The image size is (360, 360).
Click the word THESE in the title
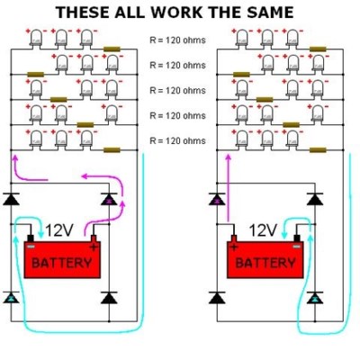82,13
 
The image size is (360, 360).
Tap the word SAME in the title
268,13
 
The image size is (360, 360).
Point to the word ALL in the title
130,13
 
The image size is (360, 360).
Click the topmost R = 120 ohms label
177,40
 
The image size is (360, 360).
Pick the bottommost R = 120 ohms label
177,140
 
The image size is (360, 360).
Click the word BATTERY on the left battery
62,263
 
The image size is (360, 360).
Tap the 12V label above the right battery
263,230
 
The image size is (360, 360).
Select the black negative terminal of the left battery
31,238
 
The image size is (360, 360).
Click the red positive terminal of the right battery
234,238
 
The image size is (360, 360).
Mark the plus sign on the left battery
94,247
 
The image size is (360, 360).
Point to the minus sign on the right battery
297,247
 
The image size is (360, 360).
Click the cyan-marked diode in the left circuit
11,297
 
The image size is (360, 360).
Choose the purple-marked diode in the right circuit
217,199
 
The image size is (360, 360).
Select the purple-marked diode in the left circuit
109,199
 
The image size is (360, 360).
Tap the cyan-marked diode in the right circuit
315,297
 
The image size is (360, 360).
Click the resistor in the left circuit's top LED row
112,49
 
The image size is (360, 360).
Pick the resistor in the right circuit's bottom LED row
318,150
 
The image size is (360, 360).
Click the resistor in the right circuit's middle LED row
265,100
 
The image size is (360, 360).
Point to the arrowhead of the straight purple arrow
229,157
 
